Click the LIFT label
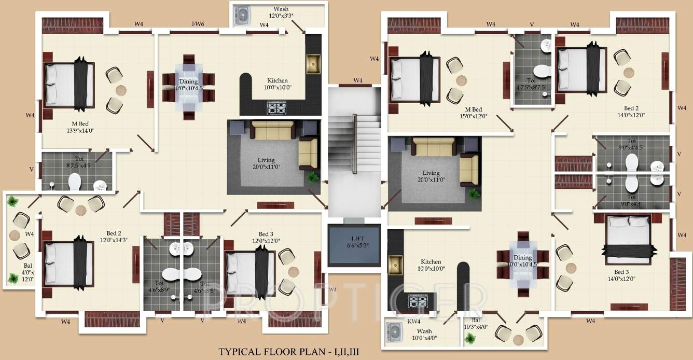354,238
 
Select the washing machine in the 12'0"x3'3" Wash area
241,15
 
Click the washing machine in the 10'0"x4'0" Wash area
395,331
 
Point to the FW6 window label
198,24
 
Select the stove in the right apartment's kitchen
418,301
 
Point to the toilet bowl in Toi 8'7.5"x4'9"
75,182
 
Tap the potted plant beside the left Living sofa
312,177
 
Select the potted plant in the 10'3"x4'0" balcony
470,339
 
